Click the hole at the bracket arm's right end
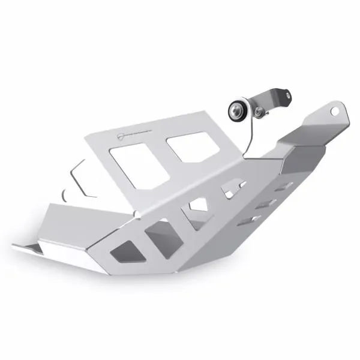point(286,94)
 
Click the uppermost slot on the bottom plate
point(286,185)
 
